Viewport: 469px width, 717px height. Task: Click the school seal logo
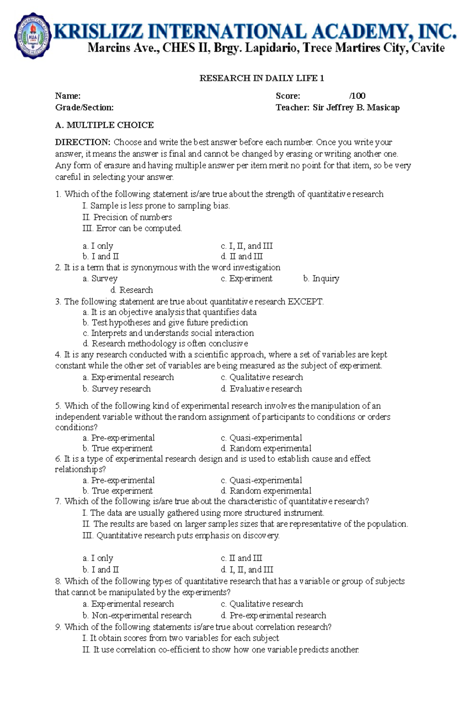click(33, 36)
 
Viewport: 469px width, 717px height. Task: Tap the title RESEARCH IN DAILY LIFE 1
click(261, 78)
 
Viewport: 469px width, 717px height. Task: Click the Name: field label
click(68, 96)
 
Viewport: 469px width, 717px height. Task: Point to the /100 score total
click(357, 96)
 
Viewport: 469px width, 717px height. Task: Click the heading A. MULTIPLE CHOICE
click(104, 125)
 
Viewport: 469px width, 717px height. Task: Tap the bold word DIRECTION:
click(83, 142)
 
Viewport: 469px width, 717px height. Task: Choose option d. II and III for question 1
click(242, 257)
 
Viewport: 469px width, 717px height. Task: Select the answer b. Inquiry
click(321, 279)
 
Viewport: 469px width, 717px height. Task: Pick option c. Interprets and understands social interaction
click(168, 333)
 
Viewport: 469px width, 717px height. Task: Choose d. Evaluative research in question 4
click(261, 389)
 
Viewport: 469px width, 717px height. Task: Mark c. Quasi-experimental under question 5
click(261, 438)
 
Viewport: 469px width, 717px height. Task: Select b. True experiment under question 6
click(117, 491)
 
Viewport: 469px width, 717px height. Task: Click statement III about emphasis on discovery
click(181, 535)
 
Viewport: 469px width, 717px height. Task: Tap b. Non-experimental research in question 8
click(137, 615)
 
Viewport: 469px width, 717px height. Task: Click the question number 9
click(58, 627)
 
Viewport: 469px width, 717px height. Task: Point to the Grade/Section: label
click(84, 107)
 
